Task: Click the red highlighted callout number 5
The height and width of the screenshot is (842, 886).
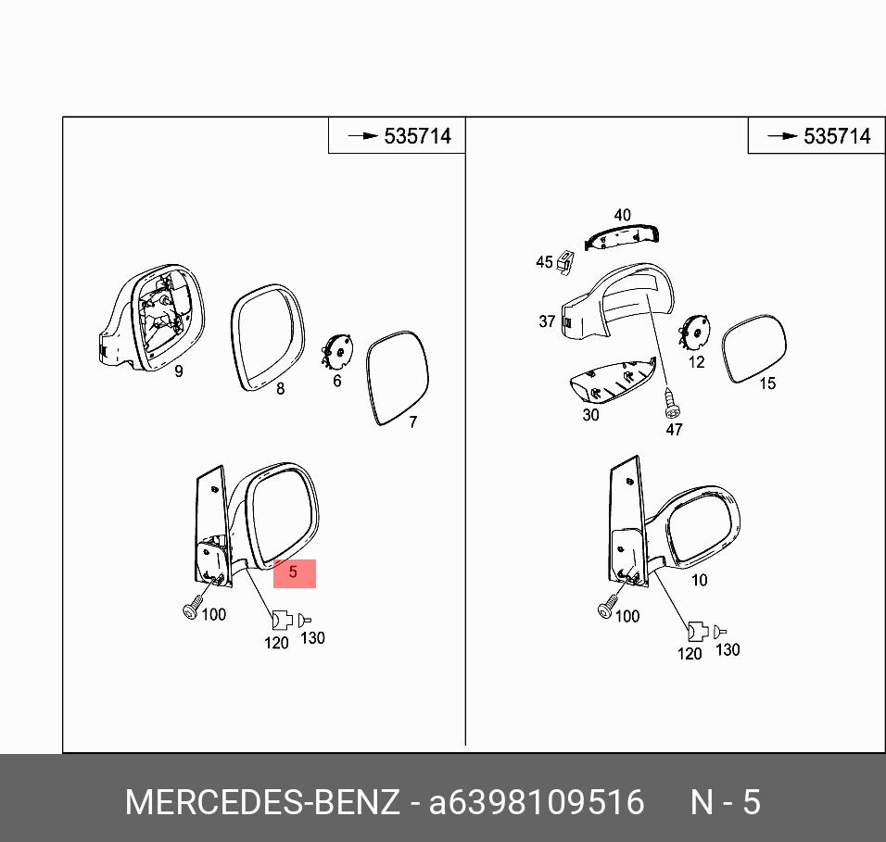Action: (x=293, y=572)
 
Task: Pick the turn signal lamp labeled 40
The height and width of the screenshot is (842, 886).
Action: (x=622, y=237)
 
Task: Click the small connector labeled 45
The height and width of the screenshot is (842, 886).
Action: (x=564, y=262)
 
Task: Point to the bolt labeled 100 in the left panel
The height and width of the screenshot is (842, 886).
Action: (x=193, y=608)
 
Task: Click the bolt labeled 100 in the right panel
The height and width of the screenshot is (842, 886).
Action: (x=607, y=607)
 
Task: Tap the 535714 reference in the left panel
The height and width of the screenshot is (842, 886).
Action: (x=418, y=136)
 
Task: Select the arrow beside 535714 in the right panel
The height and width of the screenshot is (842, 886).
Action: (x=782, y=136)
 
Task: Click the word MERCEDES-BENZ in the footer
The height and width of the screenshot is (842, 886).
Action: (x=262, y=802)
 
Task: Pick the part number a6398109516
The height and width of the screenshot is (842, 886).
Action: (x=537, y=802)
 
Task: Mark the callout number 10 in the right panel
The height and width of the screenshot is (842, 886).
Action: (x=700, y=580)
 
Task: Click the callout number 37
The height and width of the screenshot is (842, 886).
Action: (x=547, y=321)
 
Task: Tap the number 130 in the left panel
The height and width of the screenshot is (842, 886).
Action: (x=312, y=638)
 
